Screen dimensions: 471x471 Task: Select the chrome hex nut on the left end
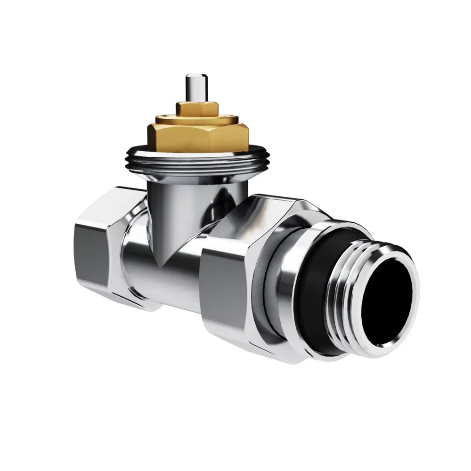[x=104, y=245]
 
